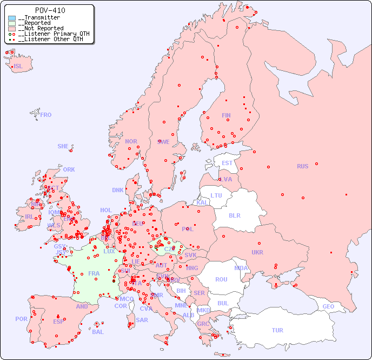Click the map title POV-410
50,10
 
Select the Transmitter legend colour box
12,18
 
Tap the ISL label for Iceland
18,67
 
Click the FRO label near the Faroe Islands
46,115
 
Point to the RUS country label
302,166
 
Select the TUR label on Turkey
277,330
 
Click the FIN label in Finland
226,115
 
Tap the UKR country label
257,252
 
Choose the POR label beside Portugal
21,319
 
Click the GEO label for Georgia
328,306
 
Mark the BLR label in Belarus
234,215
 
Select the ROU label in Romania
221,279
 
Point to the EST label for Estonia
227,163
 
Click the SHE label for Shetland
63,146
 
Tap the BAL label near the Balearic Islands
98,332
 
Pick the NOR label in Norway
131,141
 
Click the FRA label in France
94,273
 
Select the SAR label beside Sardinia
142,320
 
